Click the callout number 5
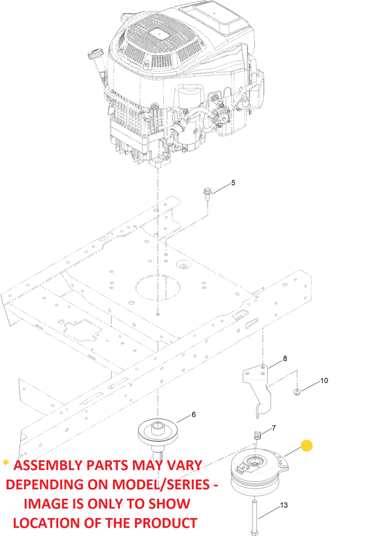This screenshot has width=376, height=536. pyautogui.click(x=233, y=183)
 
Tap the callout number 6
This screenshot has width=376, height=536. pyautogui.click(x=194, y=415)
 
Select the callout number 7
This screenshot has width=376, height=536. pyautogui.click(x=274, y=428)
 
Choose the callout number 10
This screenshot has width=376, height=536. pyautogui.click(x=324, y=381)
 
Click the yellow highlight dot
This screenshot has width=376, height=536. pyautogui.click(x=307, y=446)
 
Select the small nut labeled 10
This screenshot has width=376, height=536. pyautogui.click(x=297, y=392)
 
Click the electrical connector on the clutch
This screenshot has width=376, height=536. pyautogui.click(x=242, y=469)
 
